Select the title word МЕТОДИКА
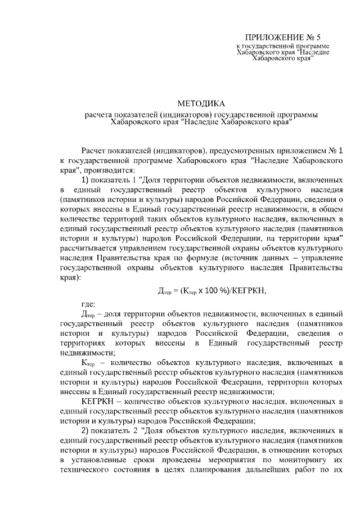tap(201, 103)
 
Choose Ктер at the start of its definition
tap(90, 363)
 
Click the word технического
tap(85, 468)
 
